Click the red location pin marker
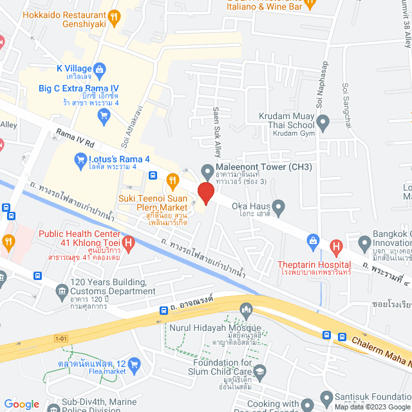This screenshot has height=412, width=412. (x=206, y=193)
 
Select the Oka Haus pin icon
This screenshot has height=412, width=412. (x=279, y=207)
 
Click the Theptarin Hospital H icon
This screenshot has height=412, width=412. (x=335, y=246)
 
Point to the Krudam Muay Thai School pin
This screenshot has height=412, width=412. (x=323, y=121)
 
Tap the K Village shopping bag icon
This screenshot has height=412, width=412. (x=100, y=68)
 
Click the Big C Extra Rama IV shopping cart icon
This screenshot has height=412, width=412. (x=103, y=116)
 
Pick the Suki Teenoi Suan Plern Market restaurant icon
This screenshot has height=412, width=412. (x=172, y=180)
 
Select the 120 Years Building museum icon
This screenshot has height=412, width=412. (x=61, y=291)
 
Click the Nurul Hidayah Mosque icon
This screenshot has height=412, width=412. (x=245, y=311)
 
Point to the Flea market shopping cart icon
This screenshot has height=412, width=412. (x=135, y=365)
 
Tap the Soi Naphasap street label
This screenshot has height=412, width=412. (x=320, y=86)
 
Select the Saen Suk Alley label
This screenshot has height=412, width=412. (x=217, y=133)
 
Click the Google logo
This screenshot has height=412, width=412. (x=21, y=404)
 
